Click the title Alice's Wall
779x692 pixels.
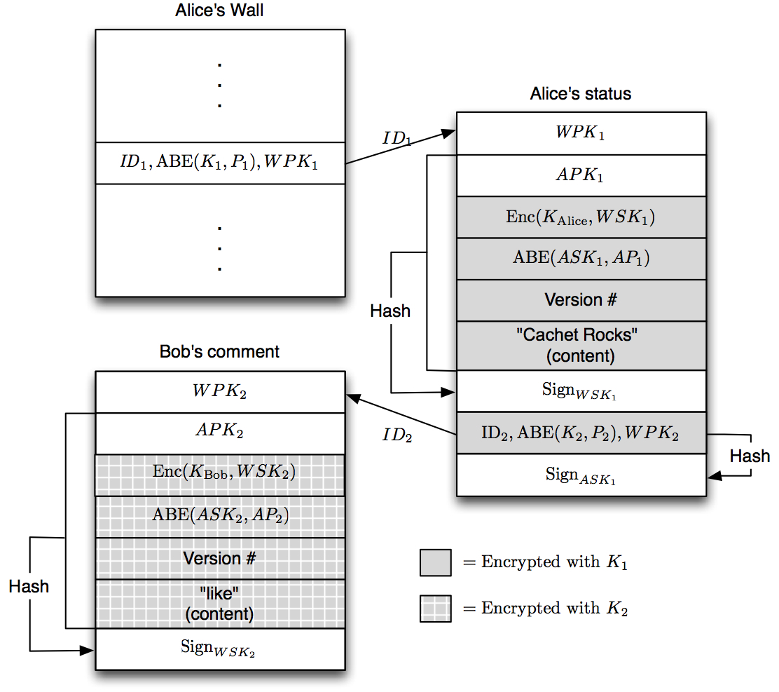pos(220,12)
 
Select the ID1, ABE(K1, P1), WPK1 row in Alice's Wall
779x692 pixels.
pos(220,163)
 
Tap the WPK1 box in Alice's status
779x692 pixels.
pos(581,133)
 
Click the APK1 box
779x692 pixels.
pos(581,175)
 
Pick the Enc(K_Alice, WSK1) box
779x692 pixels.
pos(581,217)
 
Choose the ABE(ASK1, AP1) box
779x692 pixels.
pos(581,259)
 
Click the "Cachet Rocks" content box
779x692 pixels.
pos(581,345)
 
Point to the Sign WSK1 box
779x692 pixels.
pos(581,391)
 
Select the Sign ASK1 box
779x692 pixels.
pos(581,475)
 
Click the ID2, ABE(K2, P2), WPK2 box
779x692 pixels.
pos(581,433)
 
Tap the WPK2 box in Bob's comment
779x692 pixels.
pos(220,392)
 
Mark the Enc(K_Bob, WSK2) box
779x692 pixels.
pos(220,473)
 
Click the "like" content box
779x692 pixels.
pos(220,604)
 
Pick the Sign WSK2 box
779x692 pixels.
pos(220,649)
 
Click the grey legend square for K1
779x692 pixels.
pos(435,562)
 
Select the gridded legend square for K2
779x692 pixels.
pos(435,609)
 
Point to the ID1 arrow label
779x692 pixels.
pos(397,137)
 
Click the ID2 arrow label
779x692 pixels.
pos(397,435)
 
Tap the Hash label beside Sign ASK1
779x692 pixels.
pos(750,456)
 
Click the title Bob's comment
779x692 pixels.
pos(220,351)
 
